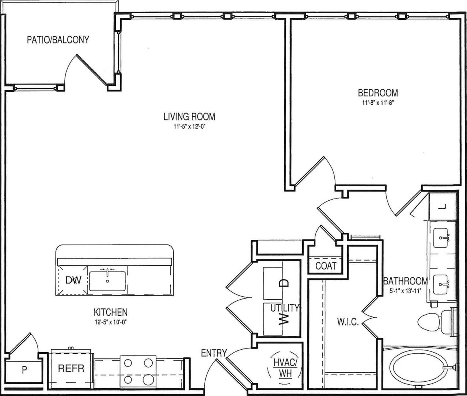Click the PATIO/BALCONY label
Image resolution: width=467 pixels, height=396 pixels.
point(58,40)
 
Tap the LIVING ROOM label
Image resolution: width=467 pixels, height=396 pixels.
point(189,117)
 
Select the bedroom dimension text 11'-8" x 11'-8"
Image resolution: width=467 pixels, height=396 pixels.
point(377,103)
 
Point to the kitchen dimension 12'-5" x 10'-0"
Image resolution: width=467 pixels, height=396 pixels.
point(111,322)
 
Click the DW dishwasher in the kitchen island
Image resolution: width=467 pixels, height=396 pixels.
point(73,280)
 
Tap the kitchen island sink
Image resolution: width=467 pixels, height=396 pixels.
point(107,280)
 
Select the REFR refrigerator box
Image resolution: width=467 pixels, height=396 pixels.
point(71,368)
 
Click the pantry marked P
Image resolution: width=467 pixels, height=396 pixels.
point(24,370)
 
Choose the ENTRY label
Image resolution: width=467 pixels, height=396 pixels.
point(214,353)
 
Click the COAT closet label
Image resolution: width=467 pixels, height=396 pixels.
point(326,266)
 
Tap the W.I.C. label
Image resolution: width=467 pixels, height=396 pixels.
point(347,323)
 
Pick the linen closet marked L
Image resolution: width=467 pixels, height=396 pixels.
point(443,207)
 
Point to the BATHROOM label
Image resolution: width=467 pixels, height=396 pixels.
point(405,281)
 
